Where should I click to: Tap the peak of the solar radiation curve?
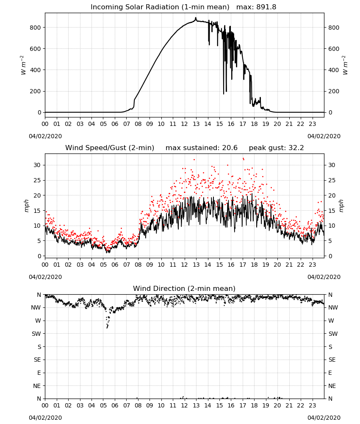[196, 18]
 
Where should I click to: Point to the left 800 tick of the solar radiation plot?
[36, 28]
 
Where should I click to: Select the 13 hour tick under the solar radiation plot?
[196, 124]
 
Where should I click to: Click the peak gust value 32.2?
[296, 148]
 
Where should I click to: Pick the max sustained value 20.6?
[230, 148]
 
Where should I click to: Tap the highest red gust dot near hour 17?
[243, 159]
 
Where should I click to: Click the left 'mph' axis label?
[26, 206]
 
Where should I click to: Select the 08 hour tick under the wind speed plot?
[138, 265]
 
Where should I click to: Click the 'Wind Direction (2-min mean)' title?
[184, 288]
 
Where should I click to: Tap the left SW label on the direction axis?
[36, 334]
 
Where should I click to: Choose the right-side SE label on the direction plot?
[332, 360]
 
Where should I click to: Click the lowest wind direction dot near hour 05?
[107, 328]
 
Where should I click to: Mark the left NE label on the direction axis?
[37, 386]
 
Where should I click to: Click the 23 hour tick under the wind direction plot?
[312, 406]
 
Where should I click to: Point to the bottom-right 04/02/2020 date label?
[324, 418]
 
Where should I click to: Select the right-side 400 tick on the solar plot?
[334, 70]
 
